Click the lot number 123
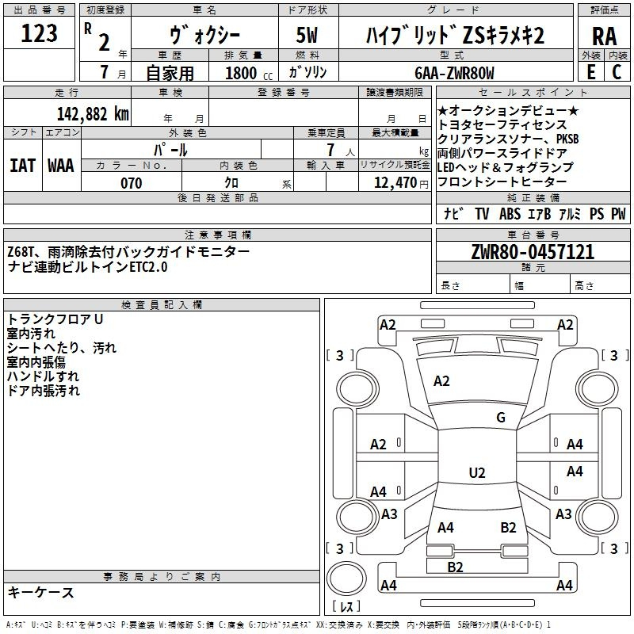39,33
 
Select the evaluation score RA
605,36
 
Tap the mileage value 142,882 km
93,114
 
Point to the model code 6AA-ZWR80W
454,73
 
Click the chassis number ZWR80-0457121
533,252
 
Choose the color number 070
132,183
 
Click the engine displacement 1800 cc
249,73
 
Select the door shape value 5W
307,35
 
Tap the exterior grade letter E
591,72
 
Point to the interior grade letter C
617,72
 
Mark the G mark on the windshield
501,417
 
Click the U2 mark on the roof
477,472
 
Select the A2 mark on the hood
441,381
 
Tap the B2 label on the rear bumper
455,567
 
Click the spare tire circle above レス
346,578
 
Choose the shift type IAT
23,166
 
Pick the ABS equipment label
510,213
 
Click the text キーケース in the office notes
41,592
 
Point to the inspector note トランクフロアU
55,319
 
